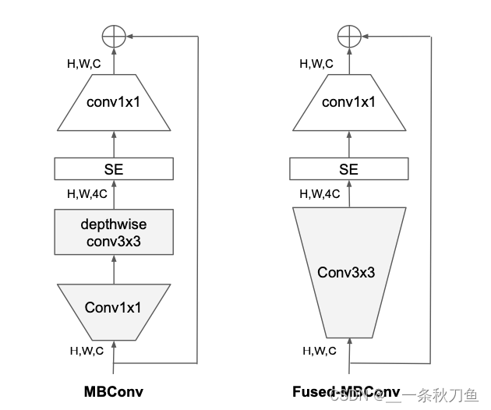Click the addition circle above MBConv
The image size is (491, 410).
(x=114, y=35)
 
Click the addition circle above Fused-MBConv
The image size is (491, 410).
(x=348, y=35)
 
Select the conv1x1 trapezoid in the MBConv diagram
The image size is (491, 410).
(x=114, y=102)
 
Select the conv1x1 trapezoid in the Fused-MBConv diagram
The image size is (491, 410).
(x=348, y=102)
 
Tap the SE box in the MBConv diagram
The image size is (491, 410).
(x=114, y=168)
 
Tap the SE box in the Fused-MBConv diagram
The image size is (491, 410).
(x=348, y=168)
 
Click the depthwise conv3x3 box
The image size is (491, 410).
(x=114, y=232)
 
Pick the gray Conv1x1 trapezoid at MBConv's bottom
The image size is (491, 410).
(x=114, y=308)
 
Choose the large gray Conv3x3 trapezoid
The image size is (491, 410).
(x=348, y=273)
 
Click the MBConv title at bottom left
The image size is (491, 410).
(x=114, y=391)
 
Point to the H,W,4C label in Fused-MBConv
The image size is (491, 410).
(x=320, y=193)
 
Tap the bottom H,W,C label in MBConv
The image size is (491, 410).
(x=87, y=351)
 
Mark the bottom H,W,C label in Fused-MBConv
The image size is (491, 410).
(x=320, y=351)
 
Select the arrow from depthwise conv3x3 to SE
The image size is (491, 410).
(x=114, y=194)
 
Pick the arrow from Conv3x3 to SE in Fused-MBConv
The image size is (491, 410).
(x=348, y=194)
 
